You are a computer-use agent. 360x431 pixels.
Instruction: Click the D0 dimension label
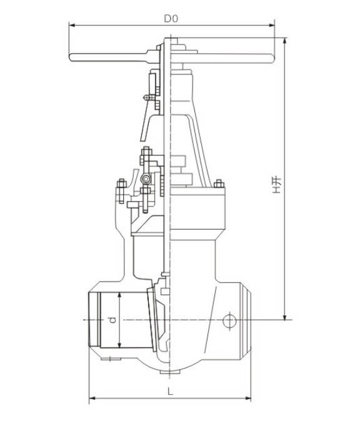point(171,19)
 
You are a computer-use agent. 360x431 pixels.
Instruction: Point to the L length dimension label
point(171,391)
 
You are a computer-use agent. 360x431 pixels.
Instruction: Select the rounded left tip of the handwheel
point(72,59)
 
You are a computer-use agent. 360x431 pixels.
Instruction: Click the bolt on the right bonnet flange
point(219,184)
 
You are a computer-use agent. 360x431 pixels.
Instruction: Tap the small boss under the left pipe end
point(111,359)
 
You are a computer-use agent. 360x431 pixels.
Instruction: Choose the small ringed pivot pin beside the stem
point(146,180)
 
